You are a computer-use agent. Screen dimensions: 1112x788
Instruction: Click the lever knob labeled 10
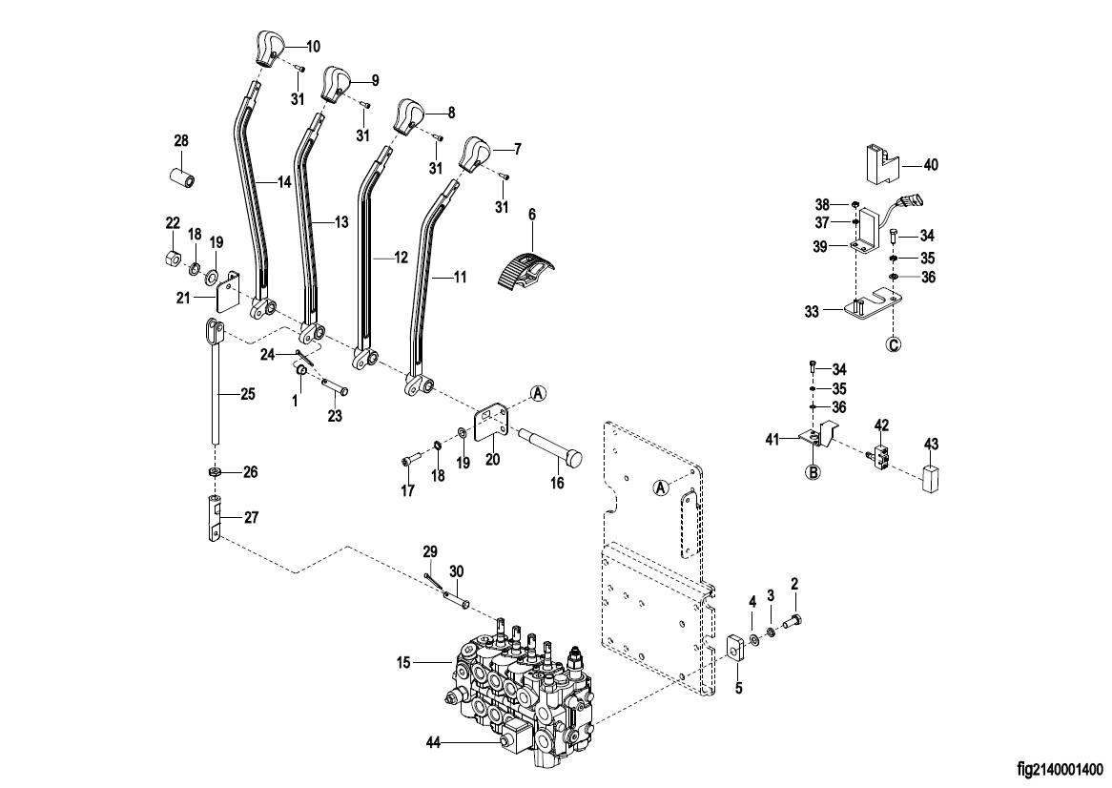point(268,50)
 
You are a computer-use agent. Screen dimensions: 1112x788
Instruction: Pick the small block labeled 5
point(734,646)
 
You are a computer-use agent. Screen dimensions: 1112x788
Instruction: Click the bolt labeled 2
point(793,622)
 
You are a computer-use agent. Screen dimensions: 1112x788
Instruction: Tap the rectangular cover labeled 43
point(931,479)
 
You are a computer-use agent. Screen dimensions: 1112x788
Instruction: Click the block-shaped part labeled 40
point(881,163)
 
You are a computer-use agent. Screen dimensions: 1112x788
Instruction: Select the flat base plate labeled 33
point(872,305)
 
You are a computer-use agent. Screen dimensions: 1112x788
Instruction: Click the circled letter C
point(894,344)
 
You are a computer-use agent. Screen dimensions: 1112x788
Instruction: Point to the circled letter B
point(813,471)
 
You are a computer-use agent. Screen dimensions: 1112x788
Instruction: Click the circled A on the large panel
point(660,487)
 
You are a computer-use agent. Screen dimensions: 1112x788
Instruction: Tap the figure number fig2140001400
point(1060,769)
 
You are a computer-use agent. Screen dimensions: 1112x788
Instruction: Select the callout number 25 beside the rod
point(247,394)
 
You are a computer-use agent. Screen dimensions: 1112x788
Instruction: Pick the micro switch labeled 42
point(878,454)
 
